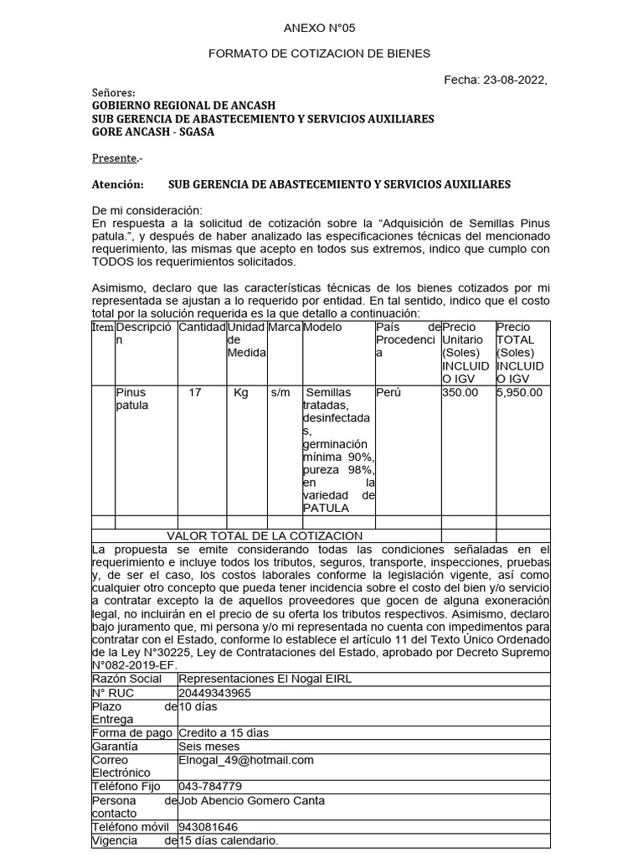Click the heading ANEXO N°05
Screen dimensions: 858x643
tap(319, 28)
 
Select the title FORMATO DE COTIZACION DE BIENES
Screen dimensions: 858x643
tap(319, 54)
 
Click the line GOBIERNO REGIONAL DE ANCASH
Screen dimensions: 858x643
tap(183, 106)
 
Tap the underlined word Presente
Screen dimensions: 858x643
tap(114, 158)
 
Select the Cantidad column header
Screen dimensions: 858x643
tap(202, 327)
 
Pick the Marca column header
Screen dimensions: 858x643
tap(285, 327)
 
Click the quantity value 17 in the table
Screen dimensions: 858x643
tap(194, 392)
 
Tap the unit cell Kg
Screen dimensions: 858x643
tap(241, 392)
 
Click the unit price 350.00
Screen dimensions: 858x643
tap(460, 392)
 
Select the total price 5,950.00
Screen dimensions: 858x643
tap(519, 392)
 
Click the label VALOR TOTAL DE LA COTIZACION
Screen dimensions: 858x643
tap(265, 535)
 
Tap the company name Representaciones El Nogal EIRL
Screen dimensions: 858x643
tap(265, 679)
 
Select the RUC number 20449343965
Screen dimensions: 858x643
tap(214, 693)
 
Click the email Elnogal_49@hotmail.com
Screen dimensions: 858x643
tap(246, 760)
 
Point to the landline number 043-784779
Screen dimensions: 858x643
tap(210, 786)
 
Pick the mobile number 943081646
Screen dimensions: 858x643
tap(208, 827)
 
